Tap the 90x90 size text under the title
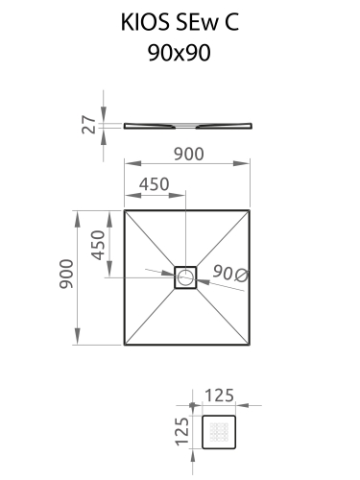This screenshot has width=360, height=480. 180,53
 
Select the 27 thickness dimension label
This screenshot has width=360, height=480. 89,125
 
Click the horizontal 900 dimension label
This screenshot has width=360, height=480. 188,154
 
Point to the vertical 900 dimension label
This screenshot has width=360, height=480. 66,275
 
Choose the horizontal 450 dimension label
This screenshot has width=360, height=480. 154,184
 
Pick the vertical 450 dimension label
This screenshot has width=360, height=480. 98,245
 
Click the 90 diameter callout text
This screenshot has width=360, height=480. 223,273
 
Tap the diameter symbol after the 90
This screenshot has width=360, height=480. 241,276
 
